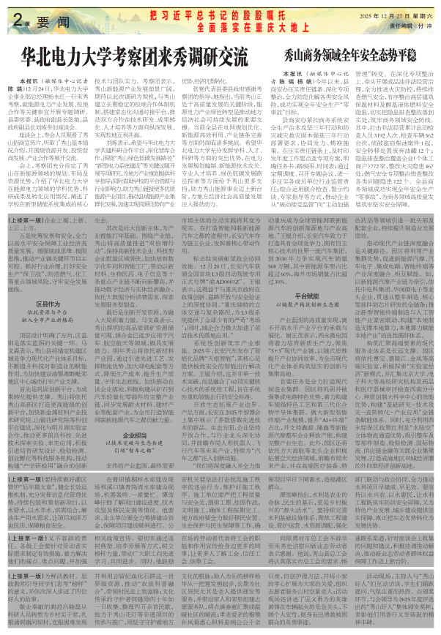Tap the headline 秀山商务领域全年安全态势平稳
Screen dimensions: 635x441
pyautogui.click(x=346, y=55)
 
